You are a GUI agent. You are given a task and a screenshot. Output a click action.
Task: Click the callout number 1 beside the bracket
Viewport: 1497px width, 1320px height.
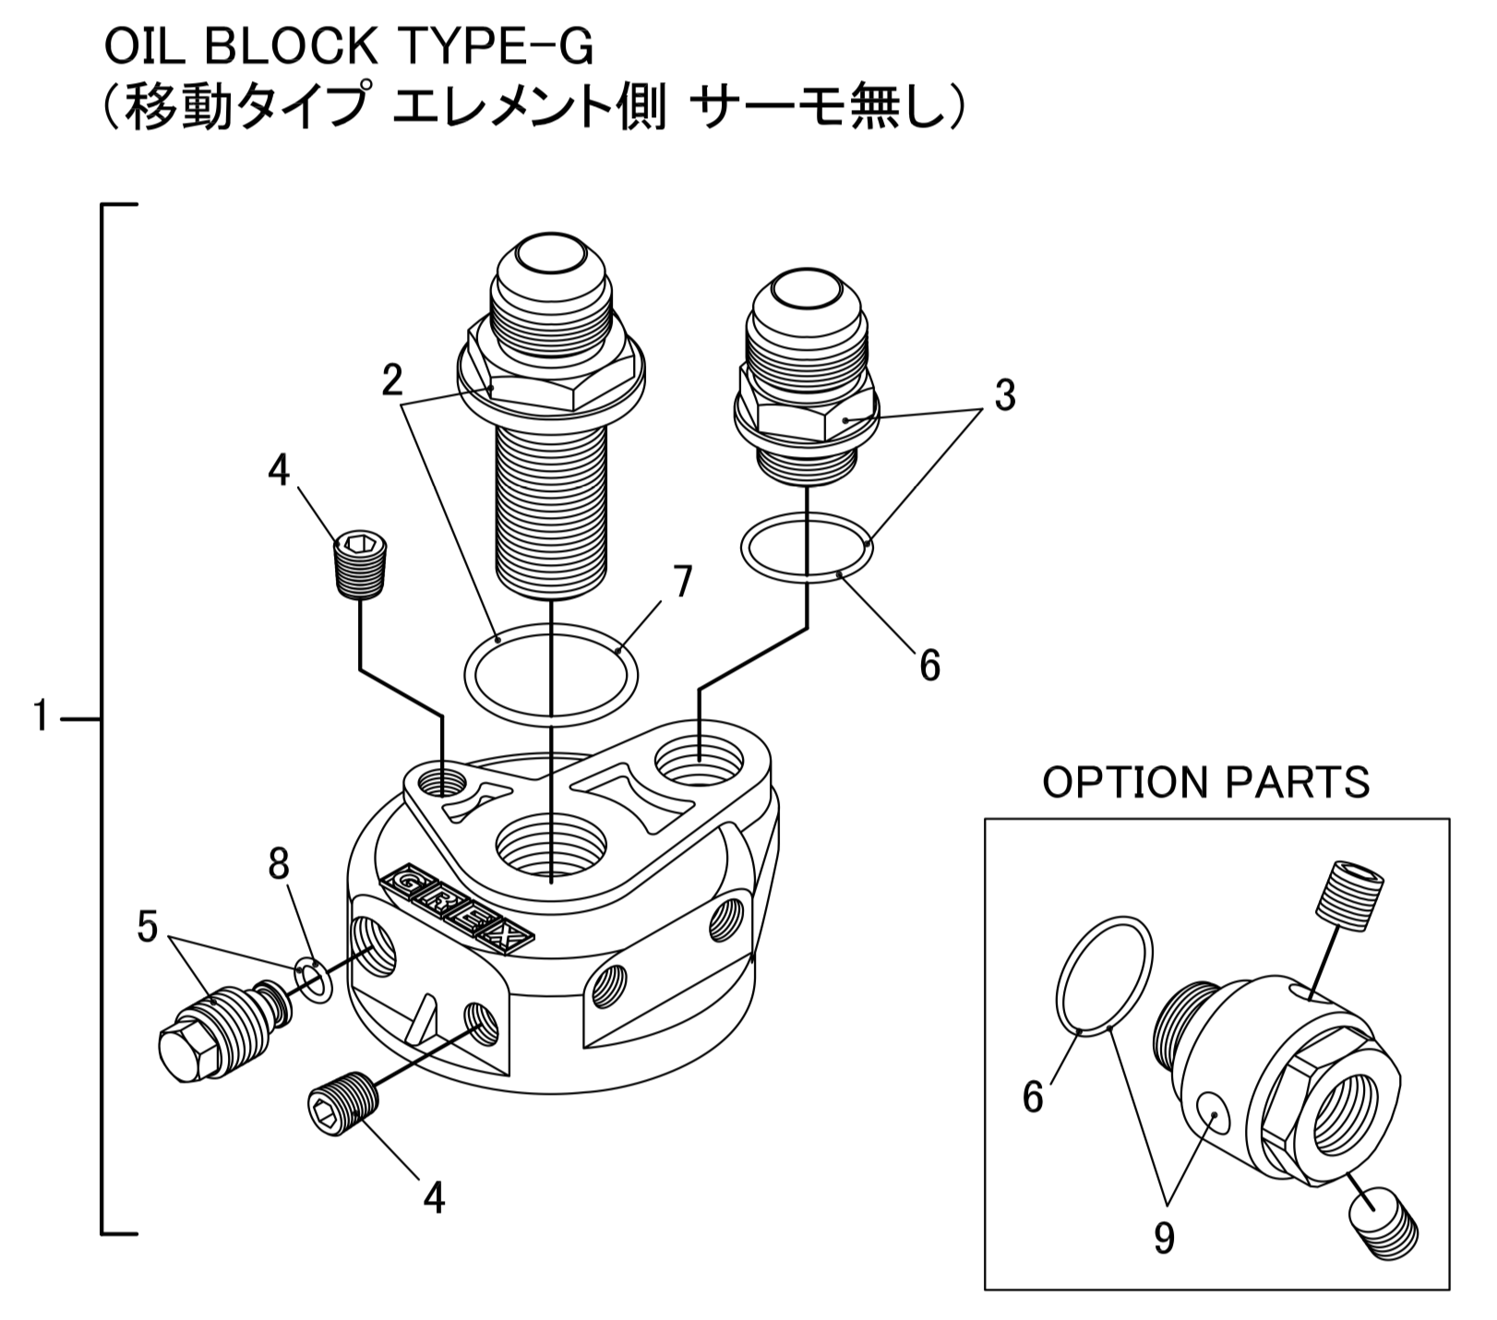pyautogui.click(x=40, y=716)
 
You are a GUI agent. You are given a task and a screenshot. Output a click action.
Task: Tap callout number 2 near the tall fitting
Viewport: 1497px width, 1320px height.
pyautogui.click(x=394, y=380)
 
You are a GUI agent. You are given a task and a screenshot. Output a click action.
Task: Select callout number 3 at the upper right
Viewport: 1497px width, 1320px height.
pyautogui.click(x=1004, y=395)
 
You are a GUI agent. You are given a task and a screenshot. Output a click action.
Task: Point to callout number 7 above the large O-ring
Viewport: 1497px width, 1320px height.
pyautogui.click(x=681, y=582)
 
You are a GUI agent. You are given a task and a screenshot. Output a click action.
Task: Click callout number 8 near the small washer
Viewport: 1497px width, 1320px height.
pyautogui.click(x=278, y=865)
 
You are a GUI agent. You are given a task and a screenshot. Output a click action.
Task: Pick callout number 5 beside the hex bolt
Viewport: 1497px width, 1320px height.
pyautogui.click(x=148, y=928)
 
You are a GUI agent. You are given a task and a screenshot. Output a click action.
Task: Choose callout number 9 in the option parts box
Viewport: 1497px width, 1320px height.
pyautogui.click(x=1164, y=1238)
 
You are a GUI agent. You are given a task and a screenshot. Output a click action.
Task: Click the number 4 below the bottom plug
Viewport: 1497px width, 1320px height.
pyautogui.click(x=434, y=1198)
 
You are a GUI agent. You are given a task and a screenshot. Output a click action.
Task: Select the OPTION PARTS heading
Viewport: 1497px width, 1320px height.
pyautogui.click(x=1205, y=783)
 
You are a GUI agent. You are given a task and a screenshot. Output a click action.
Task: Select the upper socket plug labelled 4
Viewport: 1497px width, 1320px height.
pyautogui.click(x=360, y=565)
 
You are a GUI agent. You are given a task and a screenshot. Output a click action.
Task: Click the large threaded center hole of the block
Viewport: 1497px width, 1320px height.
pyautogui.click(x=551, y=846)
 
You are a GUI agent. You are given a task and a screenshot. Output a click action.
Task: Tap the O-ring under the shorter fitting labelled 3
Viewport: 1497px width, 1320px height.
pyautogui.click(x=806, y=548)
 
